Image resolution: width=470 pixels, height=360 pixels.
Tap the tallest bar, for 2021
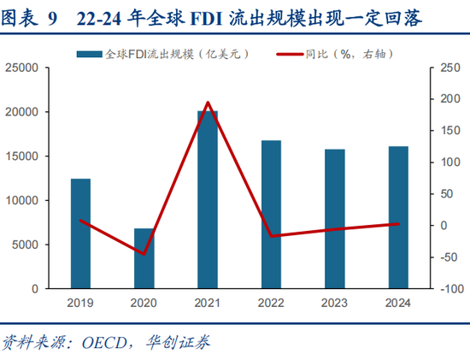pyautogui.click(x=208, y=200)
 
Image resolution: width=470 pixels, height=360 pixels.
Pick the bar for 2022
pyautogui.click(x=271, y=215)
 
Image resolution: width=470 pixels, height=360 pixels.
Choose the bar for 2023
pyautogui.click(x=335, y=219)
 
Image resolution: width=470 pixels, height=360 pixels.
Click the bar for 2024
pyautogui.click(x=398, y=217)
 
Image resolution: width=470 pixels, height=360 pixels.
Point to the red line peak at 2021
pyautogui.click(x=208, y=103)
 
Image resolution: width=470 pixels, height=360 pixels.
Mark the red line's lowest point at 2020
pyautogui.click(x=144, y=254)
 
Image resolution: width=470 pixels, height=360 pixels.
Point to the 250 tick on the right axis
pyautogui.click(x=445, y=68)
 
